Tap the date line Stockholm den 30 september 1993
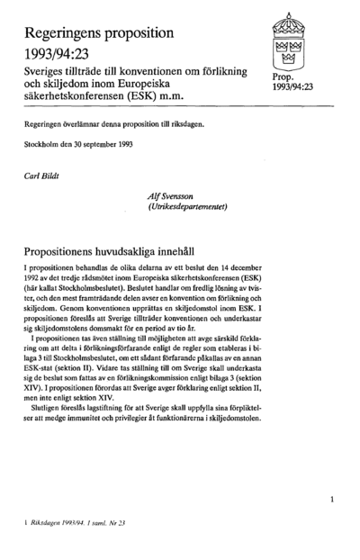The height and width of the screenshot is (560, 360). click(x=79, y=145)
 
